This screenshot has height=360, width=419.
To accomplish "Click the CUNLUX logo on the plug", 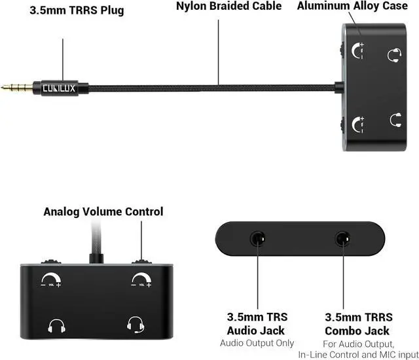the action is click(59, 88).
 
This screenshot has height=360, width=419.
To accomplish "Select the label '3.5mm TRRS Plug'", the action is click(77, 10).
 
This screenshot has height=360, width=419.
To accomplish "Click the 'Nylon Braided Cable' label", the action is click(228, 6).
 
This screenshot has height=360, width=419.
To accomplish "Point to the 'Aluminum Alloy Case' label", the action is click(352, 6).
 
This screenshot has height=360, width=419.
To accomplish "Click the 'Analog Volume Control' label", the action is click(103, 211).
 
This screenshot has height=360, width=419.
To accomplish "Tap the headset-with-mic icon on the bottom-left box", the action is click(136, 325).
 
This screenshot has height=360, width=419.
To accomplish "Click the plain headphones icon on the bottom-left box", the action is click(57, 326).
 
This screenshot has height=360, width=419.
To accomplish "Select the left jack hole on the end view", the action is click(257, 238).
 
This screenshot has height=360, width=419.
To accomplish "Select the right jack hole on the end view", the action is click(343, 238).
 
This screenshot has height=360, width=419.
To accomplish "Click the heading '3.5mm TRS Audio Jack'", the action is click(257, 324).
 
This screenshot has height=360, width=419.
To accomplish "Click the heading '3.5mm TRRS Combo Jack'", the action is click(358, 324).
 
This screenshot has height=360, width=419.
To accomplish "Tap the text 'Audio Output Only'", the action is click(257, 343).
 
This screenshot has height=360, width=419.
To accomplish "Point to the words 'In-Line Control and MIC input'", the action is click(358, 355).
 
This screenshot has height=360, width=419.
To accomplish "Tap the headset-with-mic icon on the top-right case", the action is click(394, 55).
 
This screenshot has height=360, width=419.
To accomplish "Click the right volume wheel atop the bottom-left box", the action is click(141, 261).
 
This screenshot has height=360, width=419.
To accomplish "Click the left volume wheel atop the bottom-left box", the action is click(51, 261).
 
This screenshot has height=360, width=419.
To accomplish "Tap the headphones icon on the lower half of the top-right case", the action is click(395, 120).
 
